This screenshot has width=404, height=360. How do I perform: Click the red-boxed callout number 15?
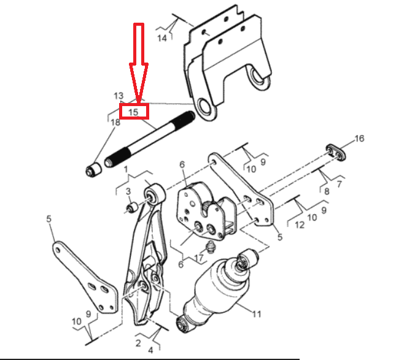133,112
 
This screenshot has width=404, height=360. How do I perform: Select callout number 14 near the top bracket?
162,38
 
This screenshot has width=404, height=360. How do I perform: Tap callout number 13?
118,96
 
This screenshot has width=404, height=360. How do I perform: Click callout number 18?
115,122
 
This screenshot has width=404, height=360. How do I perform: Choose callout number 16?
359,139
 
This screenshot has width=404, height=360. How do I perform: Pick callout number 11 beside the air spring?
257,314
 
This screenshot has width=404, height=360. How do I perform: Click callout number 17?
199,258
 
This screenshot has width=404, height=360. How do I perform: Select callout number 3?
128,191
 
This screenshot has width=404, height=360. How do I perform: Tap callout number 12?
300,225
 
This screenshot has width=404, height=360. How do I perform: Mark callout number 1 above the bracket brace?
126,169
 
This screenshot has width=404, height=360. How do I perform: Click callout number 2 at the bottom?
138,343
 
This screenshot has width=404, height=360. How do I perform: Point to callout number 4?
150,350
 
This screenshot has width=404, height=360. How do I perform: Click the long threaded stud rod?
150,139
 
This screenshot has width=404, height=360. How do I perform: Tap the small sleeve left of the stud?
93,169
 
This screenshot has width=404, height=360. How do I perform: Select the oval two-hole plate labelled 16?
335,152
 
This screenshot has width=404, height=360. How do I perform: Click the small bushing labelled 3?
132,207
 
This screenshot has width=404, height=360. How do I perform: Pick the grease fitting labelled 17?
211,247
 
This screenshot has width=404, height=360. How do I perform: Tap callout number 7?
339,184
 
